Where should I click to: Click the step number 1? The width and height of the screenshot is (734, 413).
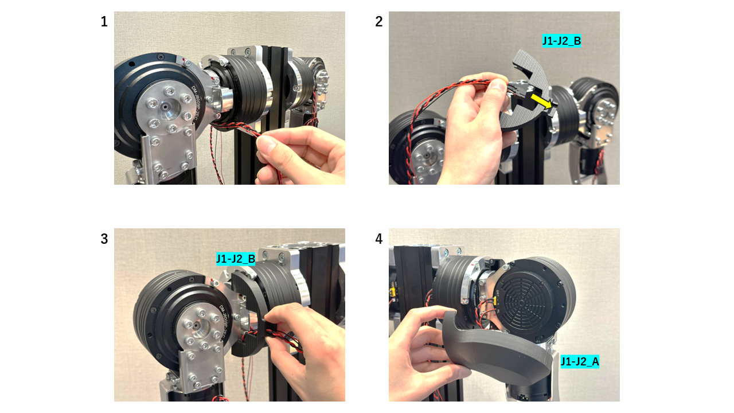coord(104,22)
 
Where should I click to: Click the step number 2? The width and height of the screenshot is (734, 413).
coord(378,22)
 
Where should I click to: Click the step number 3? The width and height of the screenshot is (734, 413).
coord(104,239)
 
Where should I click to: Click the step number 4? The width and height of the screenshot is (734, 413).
coord(378,239)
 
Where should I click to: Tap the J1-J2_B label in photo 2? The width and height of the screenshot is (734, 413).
coord(561,41)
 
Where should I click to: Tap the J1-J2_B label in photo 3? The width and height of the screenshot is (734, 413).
coord(236,259)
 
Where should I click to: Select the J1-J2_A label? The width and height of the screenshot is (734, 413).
coord(580,361)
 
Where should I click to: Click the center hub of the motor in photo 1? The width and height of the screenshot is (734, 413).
coord(165,107)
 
